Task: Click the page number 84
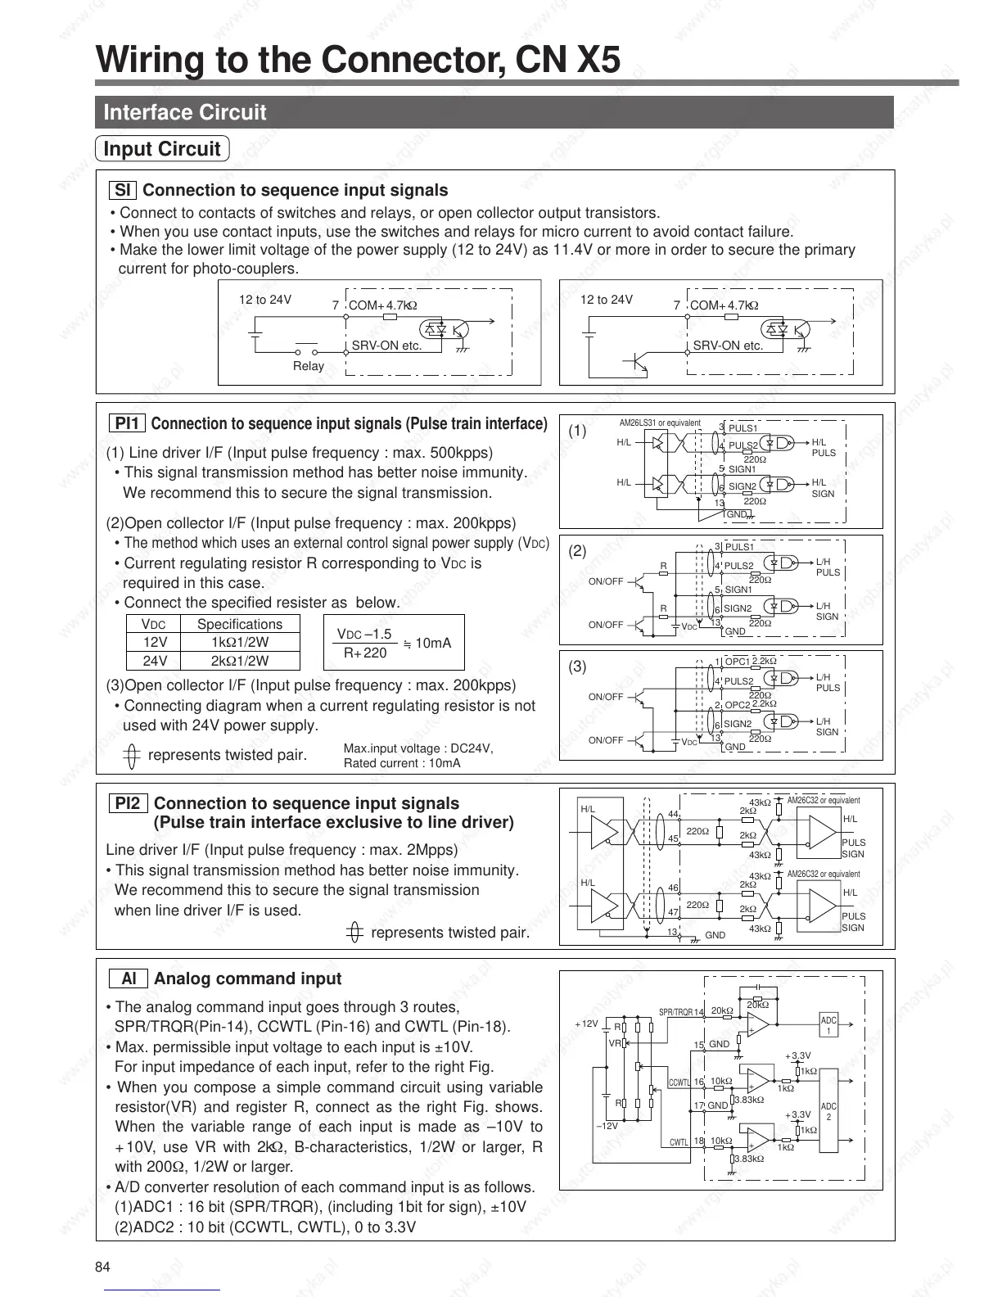click(x=102, y=1267)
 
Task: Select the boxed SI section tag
click(x=122, y=190)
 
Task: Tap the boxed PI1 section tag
click(x=127, y=423)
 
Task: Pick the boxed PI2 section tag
click(x=127, y=803)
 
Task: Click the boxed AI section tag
click(x=129, y=978)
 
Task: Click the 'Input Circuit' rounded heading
click(x=162, y=149)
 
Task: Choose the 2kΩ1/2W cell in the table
click(x=240, y=661)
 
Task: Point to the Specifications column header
click(x=240, y=624)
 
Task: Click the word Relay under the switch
click(x=308, y=366)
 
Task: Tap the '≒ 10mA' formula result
click(x=427, y=643)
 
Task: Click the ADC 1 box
click(x=828, y=1025)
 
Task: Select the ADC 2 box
click(x=828, y=1111)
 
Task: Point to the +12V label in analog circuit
click(x=587, y=1024)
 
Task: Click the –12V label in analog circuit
click(x=607, y=1126)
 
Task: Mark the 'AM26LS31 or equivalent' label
click(x=660, y=423)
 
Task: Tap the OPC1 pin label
click(x=737, y=661)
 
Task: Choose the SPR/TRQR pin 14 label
click(x=681, y=1012)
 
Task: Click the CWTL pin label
click(x=679, y=1141)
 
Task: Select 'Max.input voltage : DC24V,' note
click(x=418, y=748)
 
